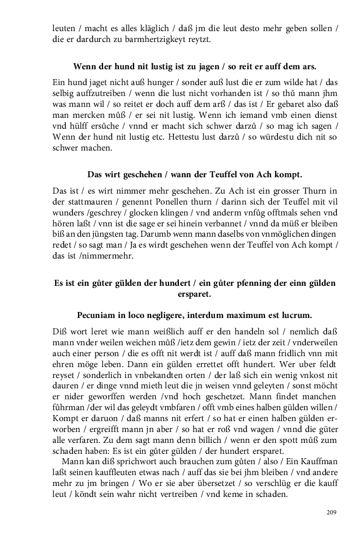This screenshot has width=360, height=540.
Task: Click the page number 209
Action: pos(331,512)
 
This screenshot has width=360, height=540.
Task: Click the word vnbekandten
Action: pos(139,376)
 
